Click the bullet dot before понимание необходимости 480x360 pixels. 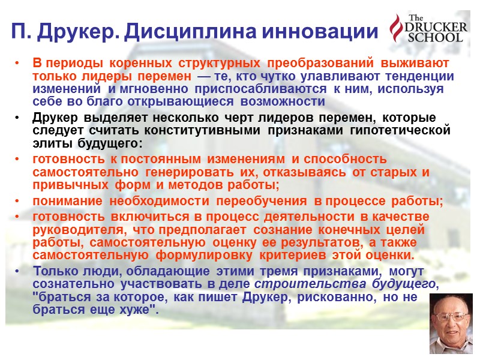20,202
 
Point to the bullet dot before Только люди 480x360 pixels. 20,271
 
